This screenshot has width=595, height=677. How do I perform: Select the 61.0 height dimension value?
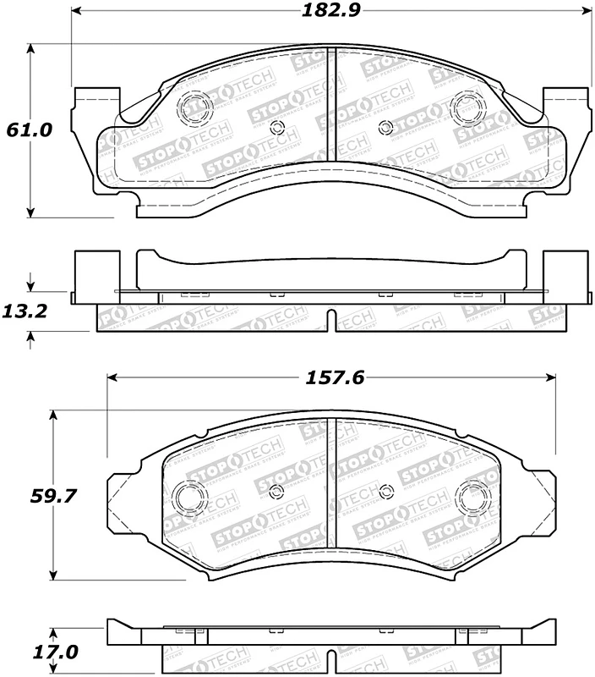(30, 130)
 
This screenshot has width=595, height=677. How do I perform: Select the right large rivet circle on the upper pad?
(466, 105)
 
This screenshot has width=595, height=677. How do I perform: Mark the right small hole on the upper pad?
(386, 128)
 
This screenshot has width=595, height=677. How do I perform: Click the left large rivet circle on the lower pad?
(185, 496)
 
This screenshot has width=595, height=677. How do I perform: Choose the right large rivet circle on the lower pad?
(470, 496)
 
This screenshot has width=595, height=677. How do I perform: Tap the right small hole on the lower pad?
(385, 492)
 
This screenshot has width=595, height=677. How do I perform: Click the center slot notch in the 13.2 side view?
(331, 322)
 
